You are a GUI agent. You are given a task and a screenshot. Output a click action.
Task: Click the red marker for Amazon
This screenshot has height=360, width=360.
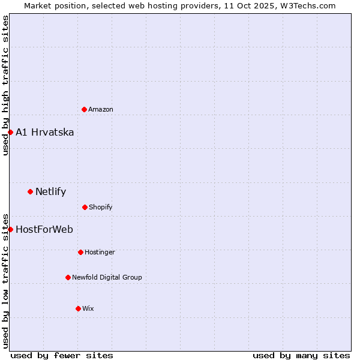84,109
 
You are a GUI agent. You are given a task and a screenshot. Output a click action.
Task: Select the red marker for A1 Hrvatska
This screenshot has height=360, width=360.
10,132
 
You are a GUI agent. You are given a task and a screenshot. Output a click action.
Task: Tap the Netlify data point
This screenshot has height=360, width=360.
30,192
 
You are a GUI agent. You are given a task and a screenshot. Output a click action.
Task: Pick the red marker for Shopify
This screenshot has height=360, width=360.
85,207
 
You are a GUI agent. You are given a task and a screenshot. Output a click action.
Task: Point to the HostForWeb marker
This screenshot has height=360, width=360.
10,229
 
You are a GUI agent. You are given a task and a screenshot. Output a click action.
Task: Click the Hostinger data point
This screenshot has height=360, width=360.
80,252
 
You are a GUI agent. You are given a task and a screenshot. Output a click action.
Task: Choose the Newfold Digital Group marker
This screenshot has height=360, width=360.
68,277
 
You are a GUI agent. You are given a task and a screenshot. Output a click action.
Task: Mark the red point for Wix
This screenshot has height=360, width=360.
78,308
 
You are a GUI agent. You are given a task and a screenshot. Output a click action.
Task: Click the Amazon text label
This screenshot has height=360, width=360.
101,109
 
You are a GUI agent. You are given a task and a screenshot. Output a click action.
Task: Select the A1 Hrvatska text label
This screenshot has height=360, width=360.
45,132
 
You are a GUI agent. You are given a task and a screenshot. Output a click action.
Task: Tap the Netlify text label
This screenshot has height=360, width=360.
51,192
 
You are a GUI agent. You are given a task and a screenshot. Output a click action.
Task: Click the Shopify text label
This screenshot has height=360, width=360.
101,207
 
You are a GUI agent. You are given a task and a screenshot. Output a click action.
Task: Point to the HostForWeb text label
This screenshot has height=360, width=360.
44,229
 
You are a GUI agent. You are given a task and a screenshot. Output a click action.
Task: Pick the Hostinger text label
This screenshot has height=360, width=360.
100,252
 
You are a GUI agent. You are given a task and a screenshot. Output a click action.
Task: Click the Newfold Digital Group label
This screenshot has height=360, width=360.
107,277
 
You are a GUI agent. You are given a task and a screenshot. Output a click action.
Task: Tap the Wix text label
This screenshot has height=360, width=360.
88,308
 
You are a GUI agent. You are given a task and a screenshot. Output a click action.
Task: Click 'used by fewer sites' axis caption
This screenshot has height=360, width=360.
62,355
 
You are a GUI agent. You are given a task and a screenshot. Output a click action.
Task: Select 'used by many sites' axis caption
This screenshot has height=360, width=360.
301,355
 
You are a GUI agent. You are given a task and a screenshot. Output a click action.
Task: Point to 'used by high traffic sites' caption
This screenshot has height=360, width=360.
5,85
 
